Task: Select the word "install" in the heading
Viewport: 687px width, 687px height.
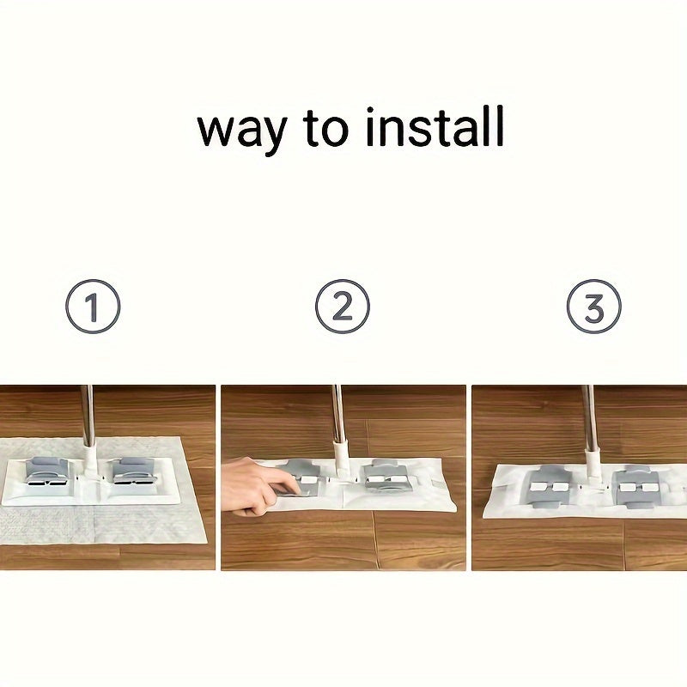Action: [x=435, y=126]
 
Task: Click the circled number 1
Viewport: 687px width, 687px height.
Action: [x=93, y=307]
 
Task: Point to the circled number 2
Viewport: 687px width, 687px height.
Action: [x=343, y=307]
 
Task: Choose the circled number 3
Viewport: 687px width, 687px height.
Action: [x=593, y=307]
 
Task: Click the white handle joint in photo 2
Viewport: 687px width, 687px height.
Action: [x=340, y=459]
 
